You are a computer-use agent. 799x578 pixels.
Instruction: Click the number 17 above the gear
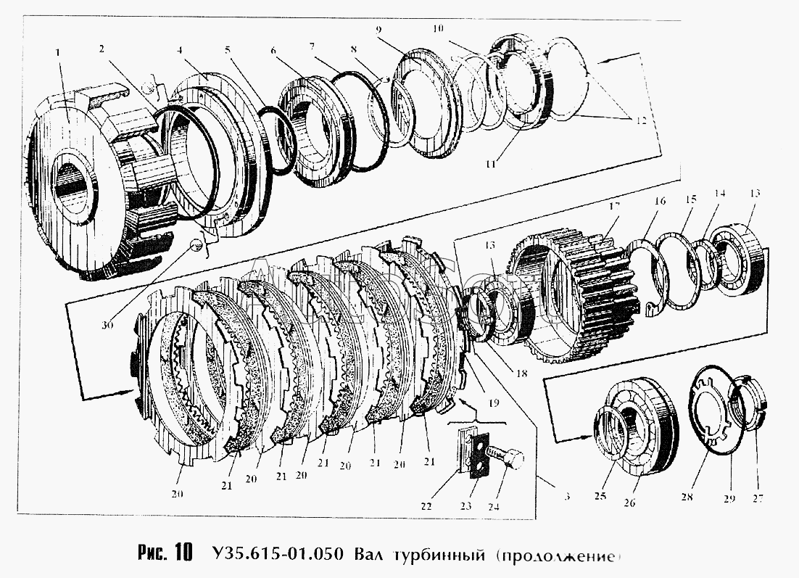point(615,206)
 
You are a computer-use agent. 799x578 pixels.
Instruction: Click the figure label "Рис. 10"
point(164,553)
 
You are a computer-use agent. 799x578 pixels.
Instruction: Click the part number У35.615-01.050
point(279,555)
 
